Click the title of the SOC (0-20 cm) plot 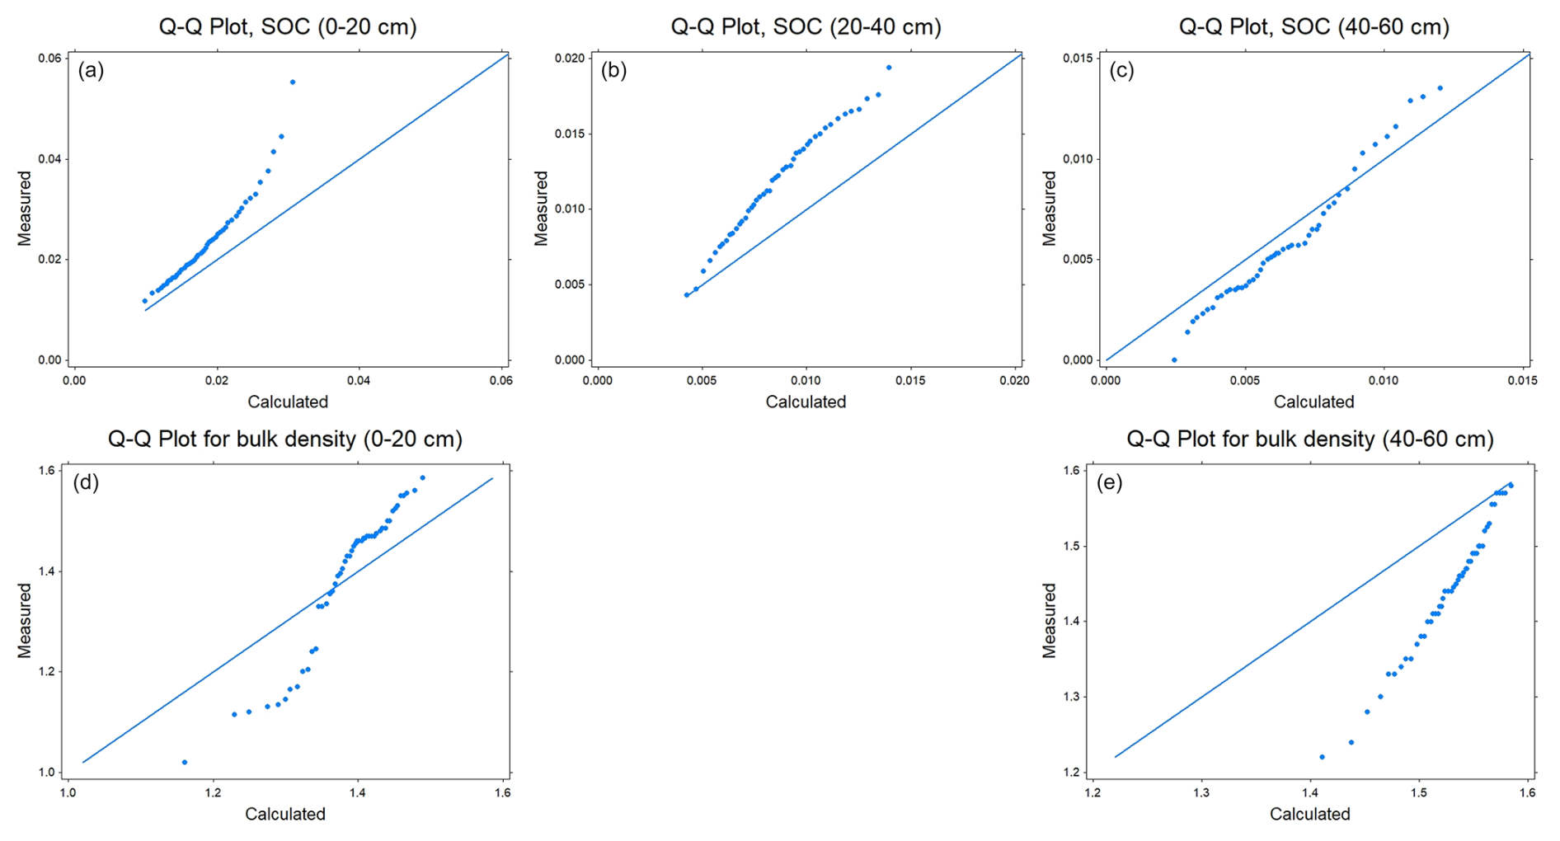click(x=288, y=27)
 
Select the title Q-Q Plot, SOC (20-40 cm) click(x=806, y=27)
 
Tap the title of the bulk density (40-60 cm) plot click(x=1310, y=439)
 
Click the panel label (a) click(x=91, y=71)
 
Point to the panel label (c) click(x=1121, y=71)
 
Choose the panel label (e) click(x=1109, y=483)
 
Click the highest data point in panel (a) click(x=293, y=82)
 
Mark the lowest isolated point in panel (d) click(x=184, y=762)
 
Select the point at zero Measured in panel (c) click(x=1174, y=360)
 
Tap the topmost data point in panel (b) click(x=889, y=68)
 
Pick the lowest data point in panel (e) click(x=1322, y=757)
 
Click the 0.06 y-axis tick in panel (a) click(x=49, y=58)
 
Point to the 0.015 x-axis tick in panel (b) click(x=910, y=380)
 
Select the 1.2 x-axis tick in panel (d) click(x=213, y=792)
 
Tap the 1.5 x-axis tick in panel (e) click(x=1419, y=792)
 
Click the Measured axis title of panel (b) click(x=541, y=208)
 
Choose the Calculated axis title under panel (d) click(x=285, y=815)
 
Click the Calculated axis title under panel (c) click(x=1313, y=402)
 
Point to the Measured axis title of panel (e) click(x=1049, y=620)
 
